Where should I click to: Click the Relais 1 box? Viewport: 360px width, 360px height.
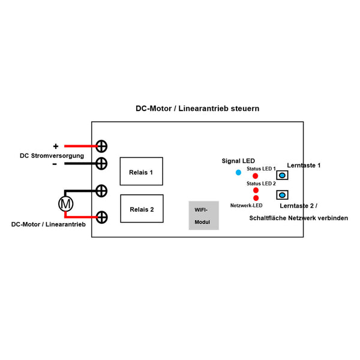coord(141,172)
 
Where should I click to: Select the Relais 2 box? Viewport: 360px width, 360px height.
coord(141,209)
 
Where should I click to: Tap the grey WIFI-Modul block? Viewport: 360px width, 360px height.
coord(203,215)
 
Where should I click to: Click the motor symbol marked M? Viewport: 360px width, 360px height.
coord(65,203)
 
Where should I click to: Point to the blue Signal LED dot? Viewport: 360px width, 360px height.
coord(238,173)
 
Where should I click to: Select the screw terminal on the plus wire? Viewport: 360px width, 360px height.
coord(102,146)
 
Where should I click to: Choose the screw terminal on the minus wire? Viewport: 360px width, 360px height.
coord(102,163)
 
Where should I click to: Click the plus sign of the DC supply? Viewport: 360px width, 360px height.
coord(56,146)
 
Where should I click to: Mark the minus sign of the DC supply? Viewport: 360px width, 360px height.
coord(54,163)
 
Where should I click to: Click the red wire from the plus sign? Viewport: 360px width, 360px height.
coord(80,146)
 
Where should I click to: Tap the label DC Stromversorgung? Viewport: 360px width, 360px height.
coord(52,155)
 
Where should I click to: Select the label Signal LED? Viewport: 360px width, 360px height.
coord(238,161)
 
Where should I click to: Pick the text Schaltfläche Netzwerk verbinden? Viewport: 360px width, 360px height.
coord(298,218)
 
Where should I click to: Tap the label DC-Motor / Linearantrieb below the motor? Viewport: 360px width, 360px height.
coord(48,224)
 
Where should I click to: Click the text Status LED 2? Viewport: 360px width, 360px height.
coord(261,183)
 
